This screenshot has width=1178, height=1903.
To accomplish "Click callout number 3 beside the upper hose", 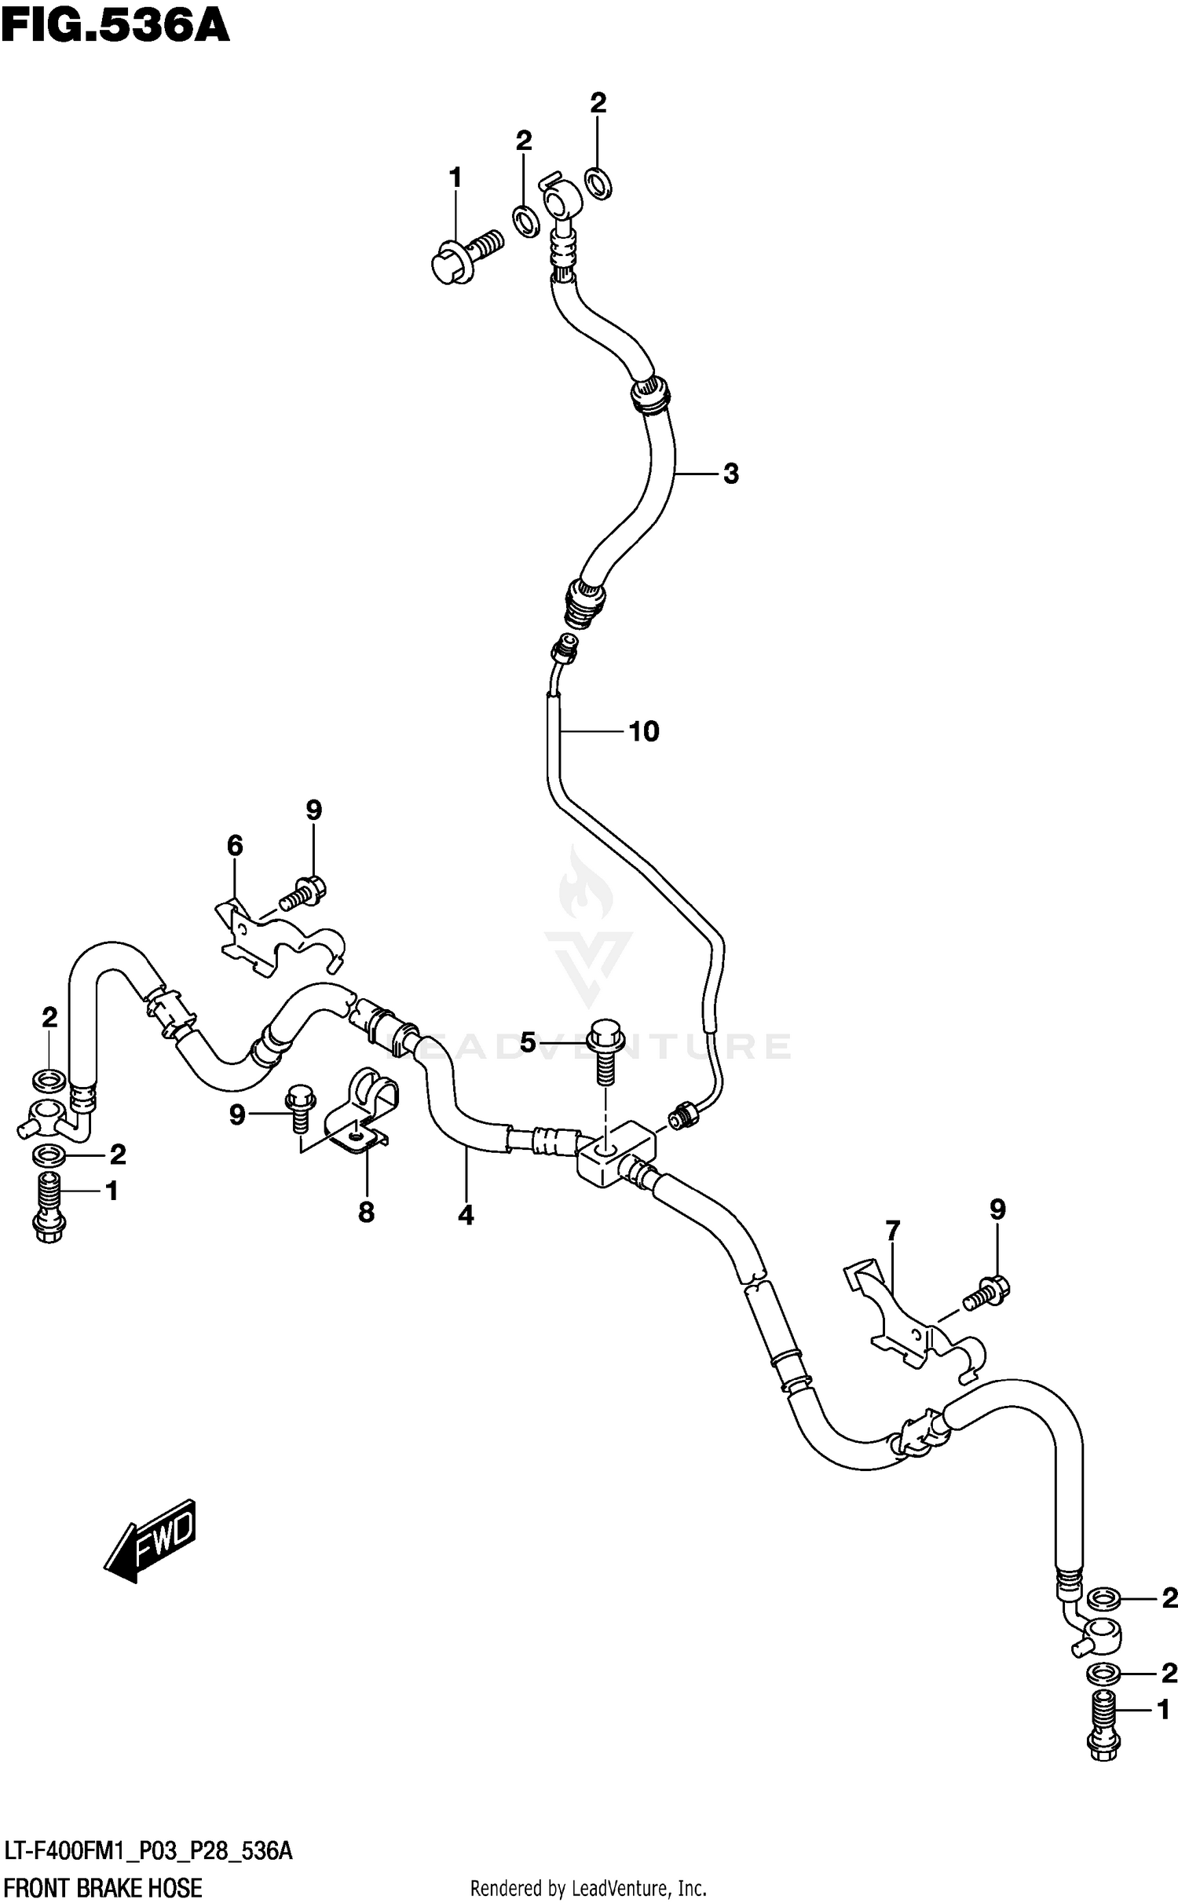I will point(730,474).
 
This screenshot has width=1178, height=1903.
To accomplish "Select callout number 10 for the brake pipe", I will point(644,732).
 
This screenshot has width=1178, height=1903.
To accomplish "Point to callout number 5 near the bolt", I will point(528,1043).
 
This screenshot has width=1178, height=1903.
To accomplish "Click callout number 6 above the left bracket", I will point(235,846).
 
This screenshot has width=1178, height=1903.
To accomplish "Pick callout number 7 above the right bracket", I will point(892,1230).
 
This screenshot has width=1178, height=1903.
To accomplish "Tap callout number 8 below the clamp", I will point(366,1213).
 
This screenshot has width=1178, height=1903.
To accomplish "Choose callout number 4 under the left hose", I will point(466,1216).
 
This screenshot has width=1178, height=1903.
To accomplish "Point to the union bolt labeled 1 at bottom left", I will point(49,1210).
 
